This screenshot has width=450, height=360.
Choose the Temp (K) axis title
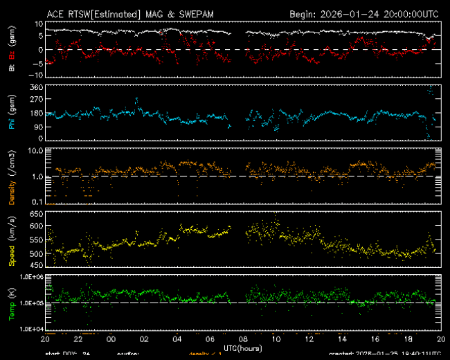click(x=12, y=303)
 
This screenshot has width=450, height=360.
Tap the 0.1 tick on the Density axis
click(x=37, y=201)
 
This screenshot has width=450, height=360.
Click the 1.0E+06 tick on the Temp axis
click(x=30, y=277)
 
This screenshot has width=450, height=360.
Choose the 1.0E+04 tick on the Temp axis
click(x=30, y=328)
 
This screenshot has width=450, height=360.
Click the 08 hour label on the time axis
click(x=243, y=340)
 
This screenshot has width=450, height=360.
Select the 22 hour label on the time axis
click(x=78, y=340)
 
